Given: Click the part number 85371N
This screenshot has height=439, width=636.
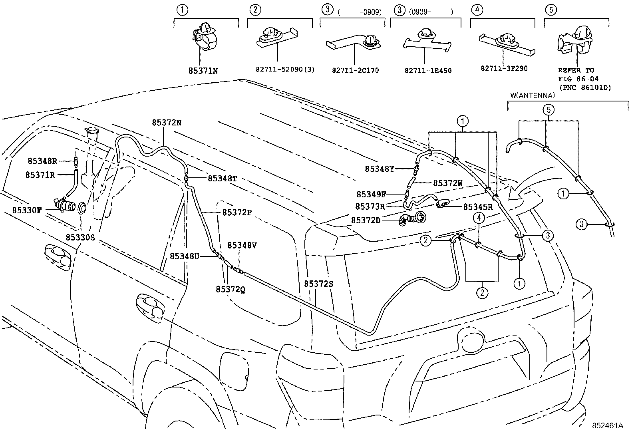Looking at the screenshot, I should click(x=203, y=71).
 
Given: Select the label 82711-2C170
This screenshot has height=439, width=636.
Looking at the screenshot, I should click(x=355, y=71).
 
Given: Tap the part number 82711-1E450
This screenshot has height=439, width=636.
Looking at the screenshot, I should click(x=428, y=71).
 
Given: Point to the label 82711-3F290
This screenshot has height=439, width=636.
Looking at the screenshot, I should click(x=504, y=68).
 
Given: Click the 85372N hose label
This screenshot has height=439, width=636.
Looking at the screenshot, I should click(x=166, y=123).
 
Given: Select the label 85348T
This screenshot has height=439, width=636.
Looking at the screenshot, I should click(x=222, y=179).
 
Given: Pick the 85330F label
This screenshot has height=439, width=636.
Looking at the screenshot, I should click(x=26, y=210).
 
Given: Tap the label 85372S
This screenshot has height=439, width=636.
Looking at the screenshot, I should click(x=318, y=284).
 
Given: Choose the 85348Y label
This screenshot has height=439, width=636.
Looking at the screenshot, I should click(x=379, y=169).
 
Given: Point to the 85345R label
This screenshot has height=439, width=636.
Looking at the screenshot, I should click(x=477, y=207).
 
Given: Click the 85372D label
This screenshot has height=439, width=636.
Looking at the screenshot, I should click(x=366, y=220).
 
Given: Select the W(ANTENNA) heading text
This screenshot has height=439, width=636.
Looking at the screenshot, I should click(x=533, y=95).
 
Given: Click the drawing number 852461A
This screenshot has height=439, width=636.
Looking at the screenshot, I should click(x=607, y=426).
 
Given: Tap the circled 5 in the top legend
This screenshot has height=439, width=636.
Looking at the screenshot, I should click(x=550, y=10).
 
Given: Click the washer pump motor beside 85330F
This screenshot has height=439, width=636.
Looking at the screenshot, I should click(x=64, y=205).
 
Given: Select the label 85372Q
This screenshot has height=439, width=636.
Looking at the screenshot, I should click(x=230, y=289).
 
